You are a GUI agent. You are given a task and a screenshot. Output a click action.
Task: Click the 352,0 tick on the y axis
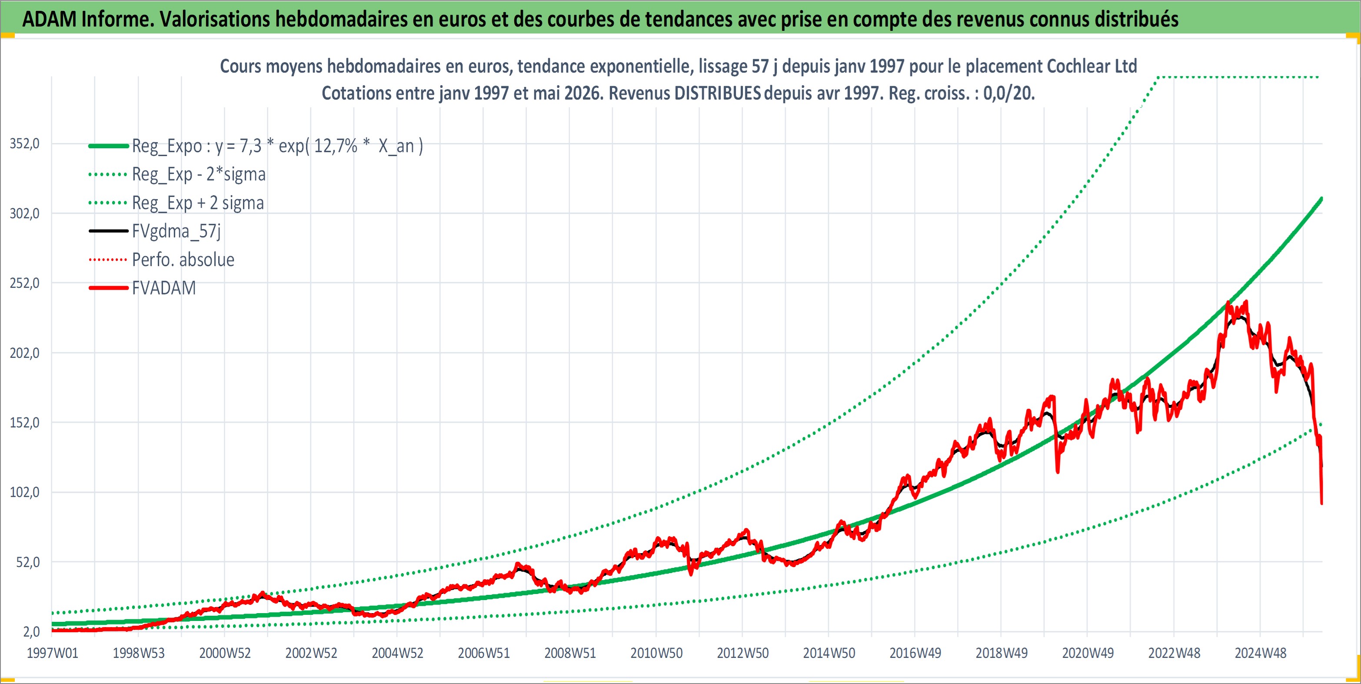tap(25, 144)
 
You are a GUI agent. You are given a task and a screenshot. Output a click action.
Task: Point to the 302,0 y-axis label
tap(25, 214)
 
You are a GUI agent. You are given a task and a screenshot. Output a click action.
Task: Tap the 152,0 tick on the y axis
tap(25, 423)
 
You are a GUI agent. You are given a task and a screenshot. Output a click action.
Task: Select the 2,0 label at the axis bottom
tap(32, 632)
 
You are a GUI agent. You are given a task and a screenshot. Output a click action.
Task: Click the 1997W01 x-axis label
tap(52, 653)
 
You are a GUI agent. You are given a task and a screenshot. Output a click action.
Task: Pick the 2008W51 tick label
tap(570, 653)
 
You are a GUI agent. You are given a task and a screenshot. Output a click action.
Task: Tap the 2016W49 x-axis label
tap(915, 653)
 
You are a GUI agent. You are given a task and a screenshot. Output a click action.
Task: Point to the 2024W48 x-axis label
tap(1260, 653)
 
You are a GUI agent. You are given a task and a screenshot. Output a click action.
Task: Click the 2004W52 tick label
tap(397, 653)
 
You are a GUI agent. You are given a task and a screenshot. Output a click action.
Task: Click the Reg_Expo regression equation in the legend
tap(278, 146)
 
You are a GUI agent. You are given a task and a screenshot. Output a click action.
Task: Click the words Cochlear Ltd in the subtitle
tap(1091, 66)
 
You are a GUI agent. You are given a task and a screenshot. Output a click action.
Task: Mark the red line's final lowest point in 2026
tap(1321, 503)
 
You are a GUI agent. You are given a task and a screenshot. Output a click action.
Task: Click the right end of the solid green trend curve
tap(1321, 199)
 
